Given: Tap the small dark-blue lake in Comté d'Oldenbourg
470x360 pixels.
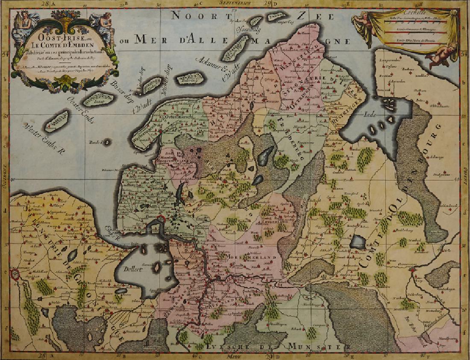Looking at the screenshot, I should (358, 242).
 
